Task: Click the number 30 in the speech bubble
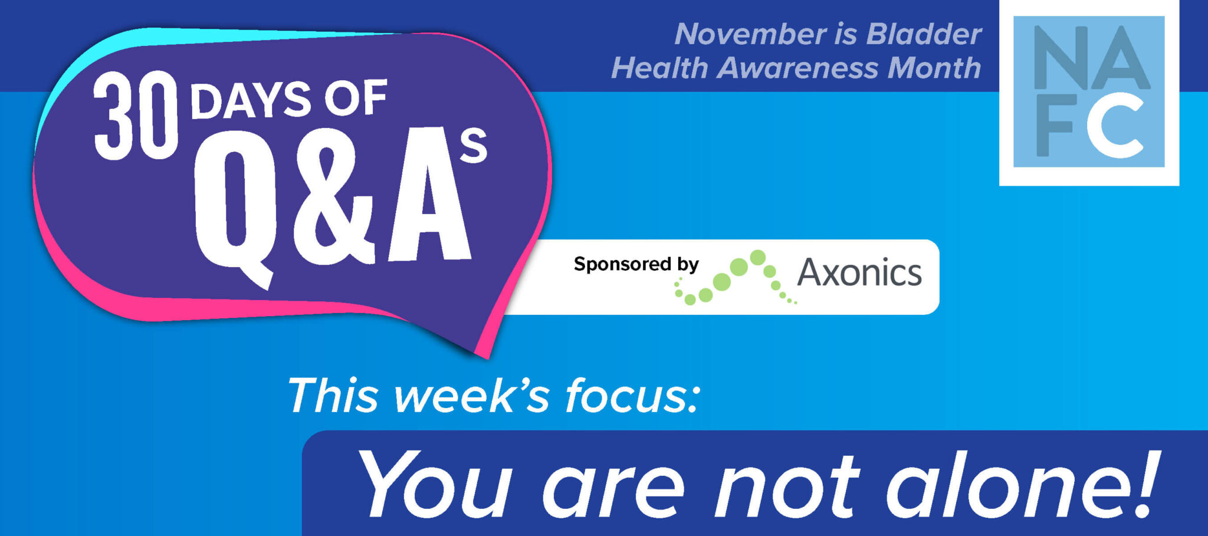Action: pos(136,116)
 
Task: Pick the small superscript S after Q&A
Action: pos(474,147)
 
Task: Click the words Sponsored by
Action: pos(636,264)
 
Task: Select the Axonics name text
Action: pos(859,273)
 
